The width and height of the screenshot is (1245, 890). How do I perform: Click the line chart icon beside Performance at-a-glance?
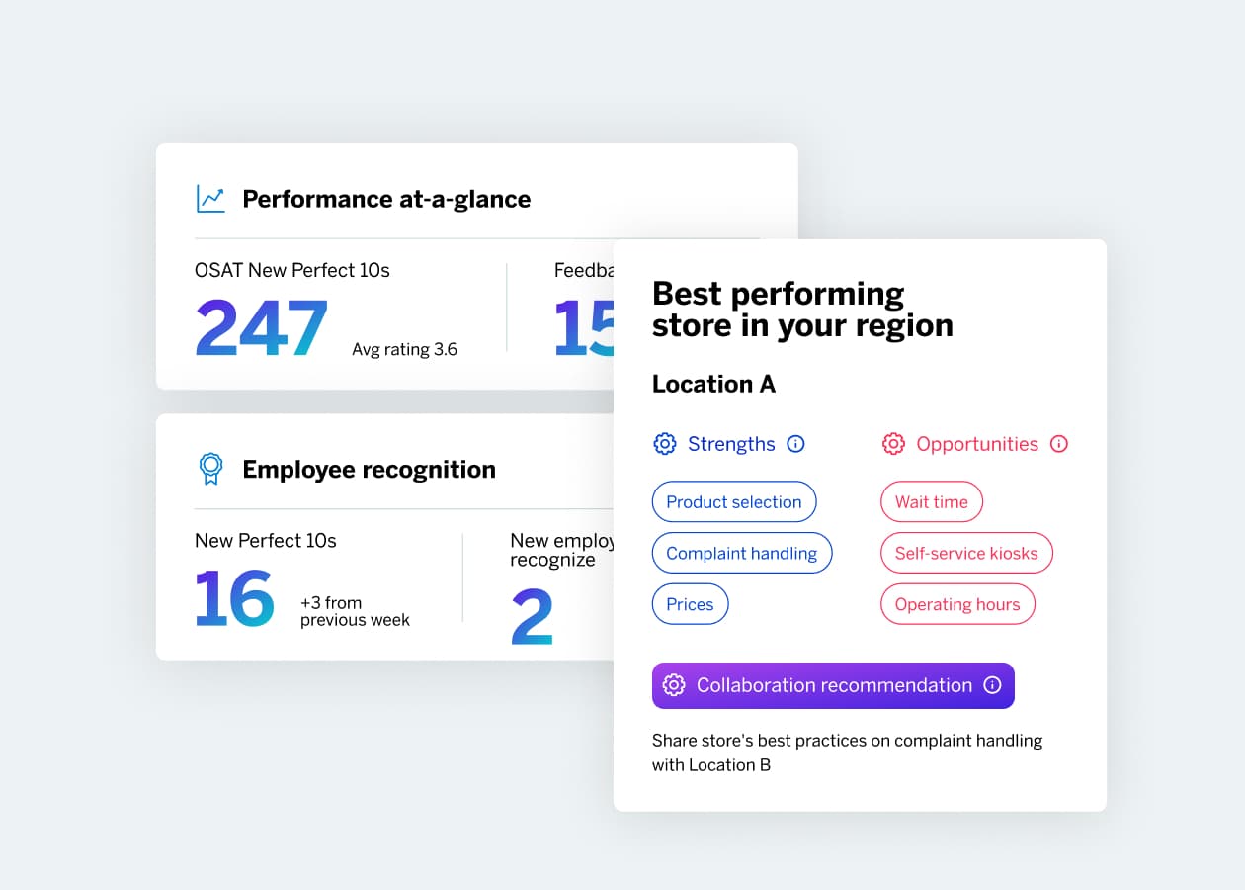pos(210,199)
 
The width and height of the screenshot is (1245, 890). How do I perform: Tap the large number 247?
pos(261,328)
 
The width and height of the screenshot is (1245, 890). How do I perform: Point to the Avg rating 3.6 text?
pos(404,349)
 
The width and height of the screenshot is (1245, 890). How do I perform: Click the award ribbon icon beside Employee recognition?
pos(210,469)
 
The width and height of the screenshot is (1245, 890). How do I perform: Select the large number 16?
pos(234,598)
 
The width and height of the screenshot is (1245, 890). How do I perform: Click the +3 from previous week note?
pos(354,611)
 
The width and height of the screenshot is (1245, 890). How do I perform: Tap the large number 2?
pos(532,616)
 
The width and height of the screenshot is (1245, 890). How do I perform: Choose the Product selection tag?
pos(733,502)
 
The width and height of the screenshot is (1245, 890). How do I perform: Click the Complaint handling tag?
pos(741,554)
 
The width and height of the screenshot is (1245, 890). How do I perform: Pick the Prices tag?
pos(690,605)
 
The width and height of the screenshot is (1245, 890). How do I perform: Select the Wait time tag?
pos(931,502)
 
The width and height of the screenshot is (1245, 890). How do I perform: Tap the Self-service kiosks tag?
pos(965,554)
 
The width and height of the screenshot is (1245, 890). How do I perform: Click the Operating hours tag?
pos(956,605)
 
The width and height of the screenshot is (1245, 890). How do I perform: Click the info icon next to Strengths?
pos(795,444)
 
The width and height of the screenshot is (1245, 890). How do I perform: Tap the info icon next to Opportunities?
pos(1059,444)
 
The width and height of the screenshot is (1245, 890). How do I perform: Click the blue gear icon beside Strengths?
pos(665,444)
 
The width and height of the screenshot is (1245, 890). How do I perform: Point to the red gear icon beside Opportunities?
pos(893,444)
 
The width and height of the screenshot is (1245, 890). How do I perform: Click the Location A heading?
pos(713,385)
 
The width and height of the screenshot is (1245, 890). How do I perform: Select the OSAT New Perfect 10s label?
pos(292,270)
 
